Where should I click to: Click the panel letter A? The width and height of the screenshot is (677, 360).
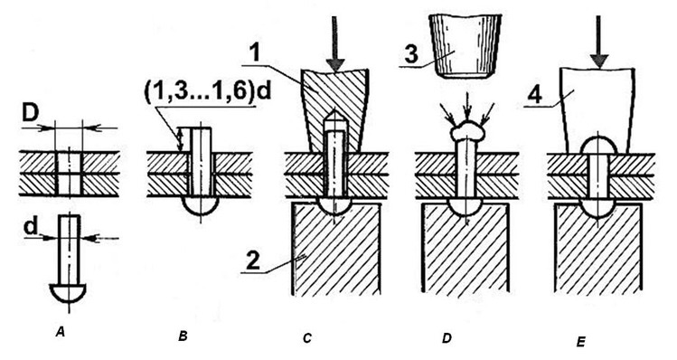point(61,332)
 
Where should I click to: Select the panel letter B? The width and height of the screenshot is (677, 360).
point(183,336)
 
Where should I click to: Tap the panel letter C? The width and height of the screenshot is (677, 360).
point(306,338)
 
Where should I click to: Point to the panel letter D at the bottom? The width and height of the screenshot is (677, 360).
point(447,338)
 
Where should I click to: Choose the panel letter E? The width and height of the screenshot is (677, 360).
point(580,342)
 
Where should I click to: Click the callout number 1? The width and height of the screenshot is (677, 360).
point(258,53)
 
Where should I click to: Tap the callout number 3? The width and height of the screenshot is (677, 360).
point(410,54)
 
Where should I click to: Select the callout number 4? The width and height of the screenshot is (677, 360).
point(534,95)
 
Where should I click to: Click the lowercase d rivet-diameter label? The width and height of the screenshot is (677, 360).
point(31,227)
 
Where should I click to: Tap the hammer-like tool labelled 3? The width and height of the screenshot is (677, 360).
point(466,45)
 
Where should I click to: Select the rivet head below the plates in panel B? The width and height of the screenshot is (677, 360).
point(201,204)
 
